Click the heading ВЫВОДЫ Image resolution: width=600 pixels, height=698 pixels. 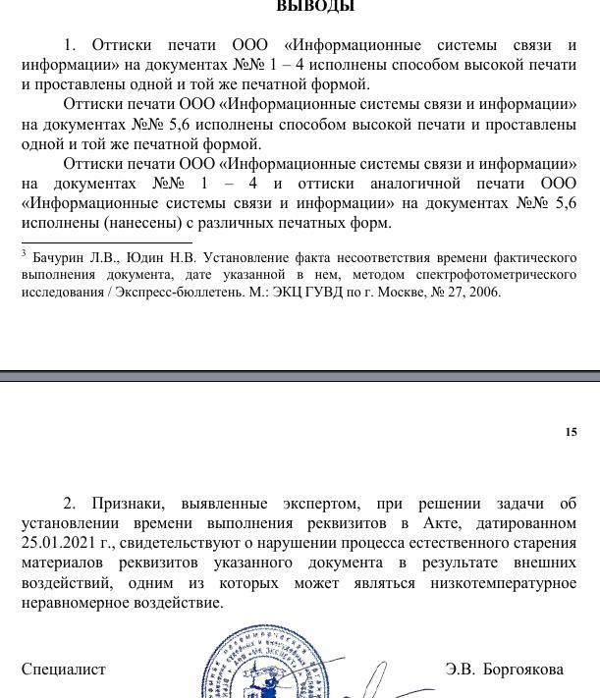coord(315,7)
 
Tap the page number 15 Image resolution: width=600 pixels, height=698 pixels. coord(571,432)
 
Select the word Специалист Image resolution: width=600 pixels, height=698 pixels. coord(64,670)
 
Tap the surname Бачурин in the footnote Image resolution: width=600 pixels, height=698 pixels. coord(61,255)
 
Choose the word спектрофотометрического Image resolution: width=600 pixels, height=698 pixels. coord(505,274)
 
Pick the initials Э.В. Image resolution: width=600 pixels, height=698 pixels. coord(460,670)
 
